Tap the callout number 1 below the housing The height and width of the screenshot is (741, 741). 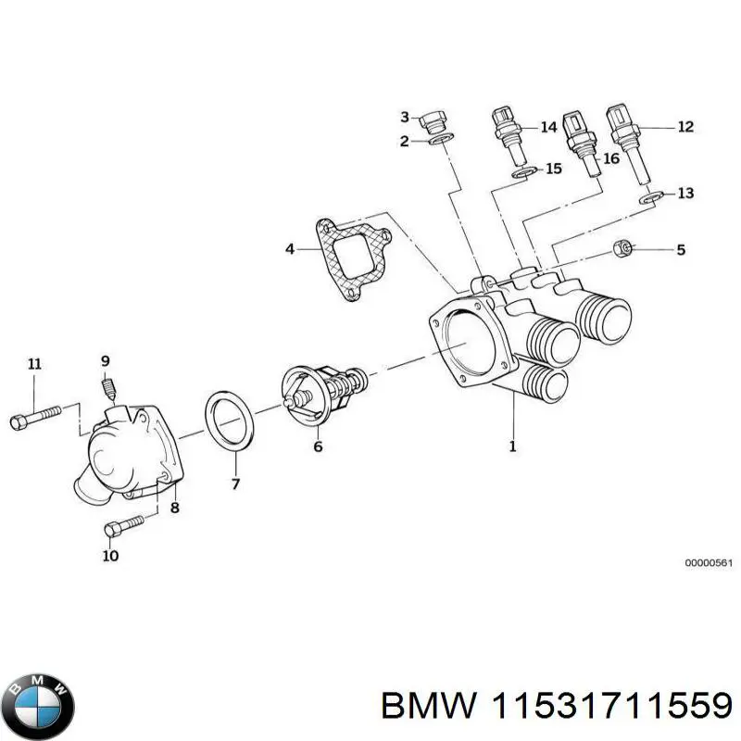(x=512, y=446)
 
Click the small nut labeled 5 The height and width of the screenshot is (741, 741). (x=623, y=248)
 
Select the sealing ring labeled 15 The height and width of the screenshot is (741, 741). (x=524, y=172)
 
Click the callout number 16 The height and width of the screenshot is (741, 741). (x=610, y=158)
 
